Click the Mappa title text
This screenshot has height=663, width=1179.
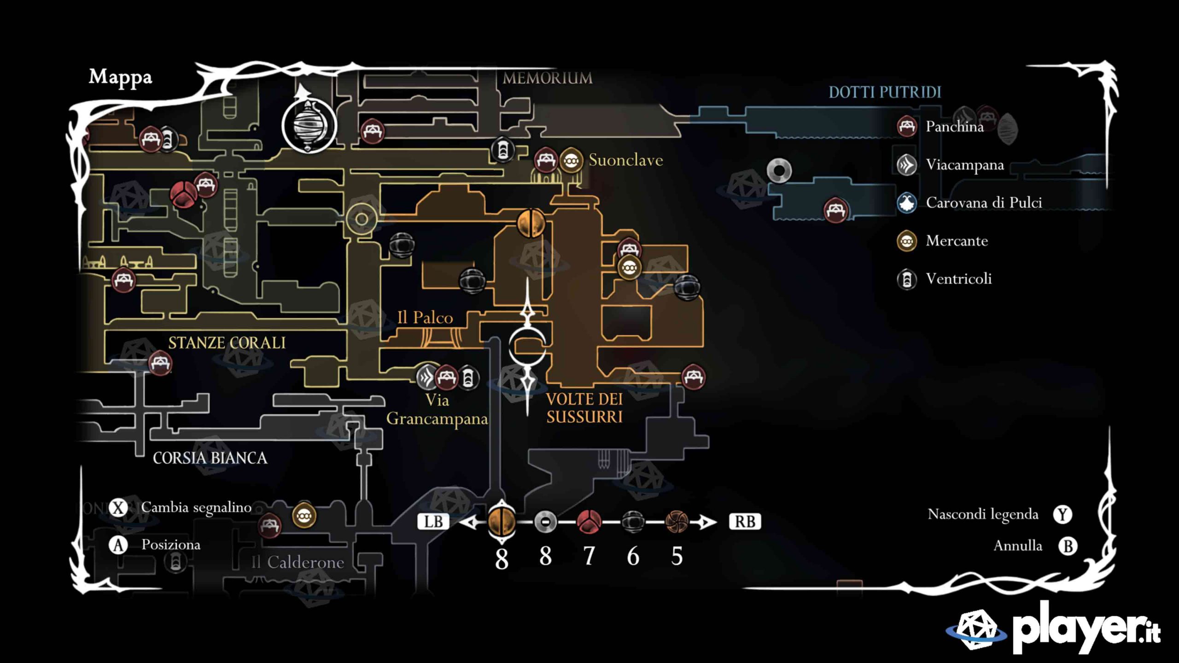coord(120,77)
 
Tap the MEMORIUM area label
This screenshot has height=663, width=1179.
coord(547,78)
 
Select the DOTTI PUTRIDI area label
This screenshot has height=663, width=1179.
coord(885,93)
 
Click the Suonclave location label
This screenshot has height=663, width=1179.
coord(625,160)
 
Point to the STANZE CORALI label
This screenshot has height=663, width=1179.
coord(227,343)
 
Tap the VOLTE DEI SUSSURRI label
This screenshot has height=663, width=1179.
coord(584,408)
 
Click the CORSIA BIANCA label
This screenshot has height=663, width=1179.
coord(210,458)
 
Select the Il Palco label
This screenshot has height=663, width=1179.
coord(425,318)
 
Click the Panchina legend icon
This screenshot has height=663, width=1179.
coord(907,126)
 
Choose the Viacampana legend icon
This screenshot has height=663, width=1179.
coord(907,165)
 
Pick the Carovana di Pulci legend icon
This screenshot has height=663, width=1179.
coord(907,203)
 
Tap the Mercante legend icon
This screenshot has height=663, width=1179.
coord(907,241)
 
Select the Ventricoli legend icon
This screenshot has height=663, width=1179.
coord(907,279)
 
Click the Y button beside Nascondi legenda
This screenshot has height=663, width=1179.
coord(1062,514)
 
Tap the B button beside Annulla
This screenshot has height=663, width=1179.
coord(1068,546)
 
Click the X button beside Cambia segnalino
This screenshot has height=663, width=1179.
coord(118,508)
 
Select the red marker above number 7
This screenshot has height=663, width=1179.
coord(589,522)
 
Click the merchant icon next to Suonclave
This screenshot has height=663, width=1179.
coord(571,160)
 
